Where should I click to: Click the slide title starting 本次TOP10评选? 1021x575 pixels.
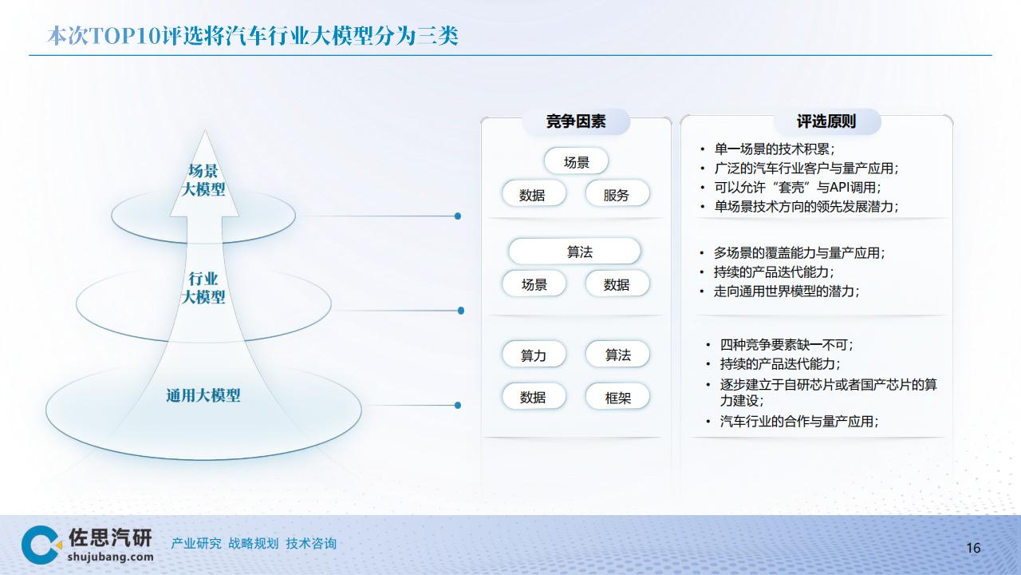click(x=253, y=36)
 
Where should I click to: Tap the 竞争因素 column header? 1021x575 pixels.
click(x=576, y=121)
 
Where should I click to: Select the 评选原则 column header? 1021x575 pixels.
click(x=826, y=121)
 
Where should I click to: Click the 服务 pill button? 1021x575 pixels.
click(x=617, y=193)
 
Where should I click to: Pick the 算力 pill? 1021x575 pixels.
click(x=534, y=354)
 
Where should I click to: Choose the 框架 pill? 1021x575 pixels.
click(x=617, y=397)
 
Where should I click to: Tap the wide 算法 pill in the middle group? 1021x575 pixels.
click(x=574, y=251)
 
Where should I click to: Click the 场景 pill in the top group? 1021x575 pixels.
click(x=576, y=161)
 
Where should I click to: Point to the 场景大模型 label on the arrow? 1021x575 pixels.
click(x=203, y=180)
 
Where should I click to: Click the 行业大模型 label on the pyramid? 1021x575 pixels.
click(x=203, y=287)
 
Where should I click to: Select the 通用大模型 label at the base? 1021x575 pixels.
click(x=203, y=395)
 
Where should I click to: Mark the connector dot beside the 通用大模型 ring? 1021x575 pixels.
click(x=458, y=405)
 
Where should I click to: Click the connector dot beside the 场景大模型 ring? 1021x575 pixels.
click(x=458, y=216)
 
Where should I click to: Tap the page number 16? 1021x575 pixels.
click(x=973, y=548)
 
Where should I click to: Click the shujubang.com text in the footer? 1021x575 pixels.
click(x=110, y=557)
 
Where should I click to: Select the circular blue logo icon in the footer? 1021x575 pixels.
click(x=41, y=545)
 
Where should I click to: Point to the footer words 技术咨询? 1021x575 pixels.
click(x=311, y=544)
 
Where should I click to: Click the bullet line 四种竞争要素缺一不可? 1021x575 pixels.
click(x=786, y=344)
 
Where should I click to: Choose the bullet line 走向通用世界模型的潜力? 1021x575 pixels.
click(x=786, y=291)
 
